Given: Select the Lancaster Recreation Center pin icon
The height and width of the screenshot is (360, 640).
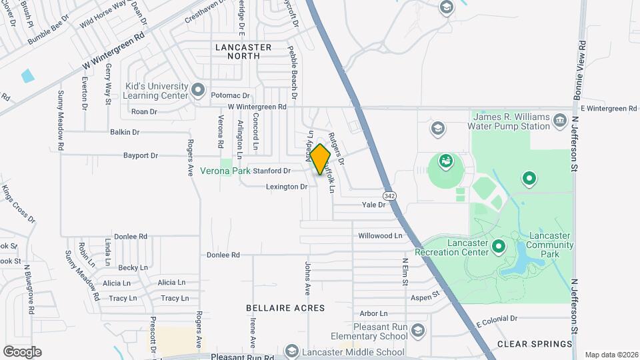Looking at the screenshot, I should coord(498,248).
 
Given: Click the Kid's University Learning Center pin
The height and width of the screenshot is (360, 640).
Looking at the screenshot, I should coord(197,89).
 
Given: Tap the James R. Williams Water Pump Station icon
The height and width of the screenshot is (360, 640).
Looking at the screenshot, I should coord(559,121).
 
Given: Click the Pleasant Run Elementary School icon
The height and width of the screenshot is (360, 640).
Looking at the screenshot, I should coord(417,331).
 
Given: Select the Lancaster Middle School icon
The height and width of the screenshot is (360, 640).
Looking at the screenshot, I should coord(291,351).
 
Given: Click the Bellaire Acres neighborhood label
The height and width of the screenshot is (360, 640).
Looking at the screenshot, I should coord(285,308).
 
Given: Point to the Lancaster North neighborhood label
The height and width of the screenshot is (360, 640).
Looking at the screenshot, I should coord(243,51).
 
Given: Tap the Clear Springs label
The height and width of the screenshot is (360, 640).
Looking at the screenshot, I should coord(535,344).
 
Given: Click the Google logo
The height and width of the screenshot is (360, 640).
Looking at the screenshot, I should coord(22,351).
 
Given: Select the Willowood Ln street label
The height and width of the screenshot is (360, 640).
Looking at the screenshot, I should coord(380,236).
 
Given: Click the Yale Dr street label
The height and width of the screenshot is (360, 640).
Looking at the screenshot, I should coord(373,205).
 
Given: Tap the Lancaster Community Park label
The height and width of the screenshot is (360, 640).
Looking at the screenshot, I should coord(549,241).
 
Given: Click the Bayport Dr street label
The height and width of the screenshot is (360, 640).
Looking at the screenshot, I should coord(140,156).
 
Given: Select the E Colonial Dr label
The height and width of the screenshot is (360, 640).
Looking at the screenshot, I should coord(497,323).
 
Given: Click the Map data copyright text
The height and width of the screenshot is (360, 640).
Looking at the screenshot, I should coord(611,355).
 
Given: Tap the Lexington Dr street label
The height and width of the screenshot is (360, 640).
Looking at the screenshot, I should coord(287,187).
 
